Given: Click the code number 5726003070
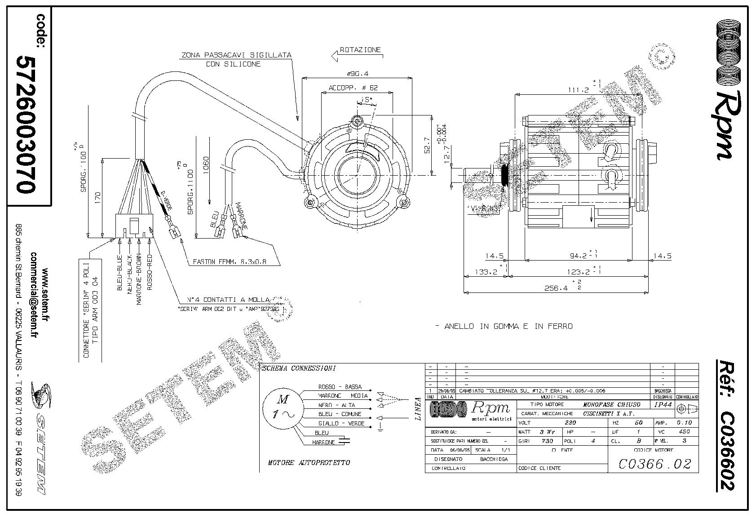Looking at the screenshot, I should [x=25, y=124].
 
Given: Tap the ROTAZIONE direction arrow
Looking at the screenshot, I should [x=336, y=56].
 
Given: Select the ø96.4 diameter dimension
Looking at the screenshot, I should [x=358, y=74].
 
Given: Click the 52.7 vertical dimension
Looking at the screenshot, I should [x=427, y=145].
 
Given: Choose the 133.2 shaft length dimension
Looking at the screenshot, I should [x=486, y=272].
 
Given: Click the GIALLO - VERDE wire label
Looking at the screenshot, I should [x=341, y=424].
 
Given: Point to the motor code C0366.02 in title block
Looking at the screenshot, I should [x=654, y=464].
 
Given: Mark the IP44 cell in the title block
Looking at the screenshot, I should [x=663, y=404].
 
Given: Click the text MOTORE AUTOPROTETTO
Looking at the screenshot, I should [x=309, y=462].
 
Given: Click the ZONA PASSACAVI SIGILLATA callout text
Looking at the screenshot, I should [x=236, y=55].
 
